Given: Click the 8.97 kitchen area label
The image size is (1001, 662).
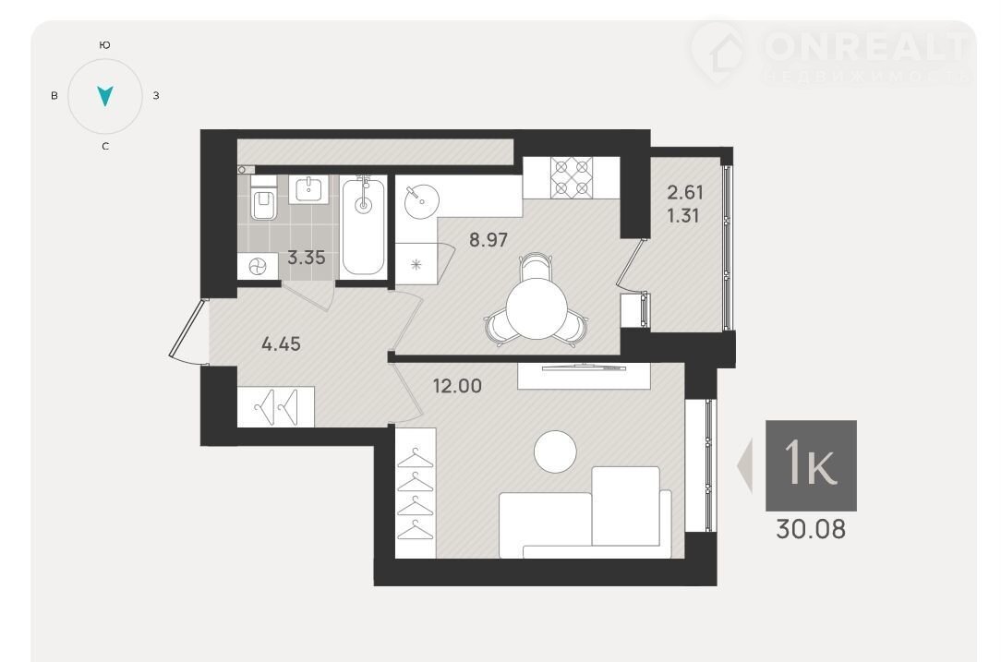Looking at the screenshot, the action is click(488, 240).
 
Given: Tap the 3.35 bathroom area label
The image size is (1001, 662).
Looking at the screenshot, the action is click(307, 258).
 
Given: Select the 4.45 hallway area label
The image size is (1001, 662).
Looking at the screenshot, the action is click(281, 344).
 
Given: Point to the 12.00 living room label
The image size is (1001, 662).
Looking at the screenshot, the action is click(457, 386).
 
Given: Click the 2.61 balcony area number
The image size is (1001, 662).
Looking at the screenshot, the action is click(685, 192).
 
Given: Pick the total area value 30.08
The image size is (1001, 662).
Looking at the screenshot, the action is click(811, 529).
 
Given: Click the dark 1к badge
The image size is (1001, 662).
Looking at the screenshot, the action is click(811, 465).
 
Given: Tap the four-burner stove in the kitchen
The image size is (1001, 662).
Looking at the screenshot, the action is click(572, 177).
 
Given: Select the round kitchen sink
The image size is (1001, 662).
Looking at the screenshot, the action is click(422, 201).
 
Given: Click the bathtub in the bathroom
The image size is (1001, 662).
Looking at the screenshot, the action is click(363, 227).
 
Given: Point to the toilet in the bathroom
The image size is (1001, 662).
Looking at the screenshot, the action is click(262, 198).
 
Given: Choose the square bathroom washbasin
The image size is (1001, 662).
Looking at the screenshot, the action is click(309, 189).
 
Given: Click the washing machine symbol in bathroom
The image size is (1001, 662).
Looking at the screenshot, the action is click(258, 266).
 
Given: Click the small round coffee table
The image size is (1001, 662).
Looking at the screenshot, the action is click(555, 451).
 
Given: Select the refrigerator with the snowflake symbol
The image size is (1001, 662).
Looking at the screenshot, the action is click(416, 264).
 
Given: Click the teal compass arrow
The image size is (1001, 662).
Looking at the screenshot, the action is click(104, 96).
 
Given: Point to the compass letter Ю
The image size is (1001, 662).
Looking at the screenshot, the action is click(105, 44).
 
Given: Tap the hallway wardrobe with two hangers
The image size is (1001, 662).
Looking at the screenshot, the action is click(276, 406).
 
